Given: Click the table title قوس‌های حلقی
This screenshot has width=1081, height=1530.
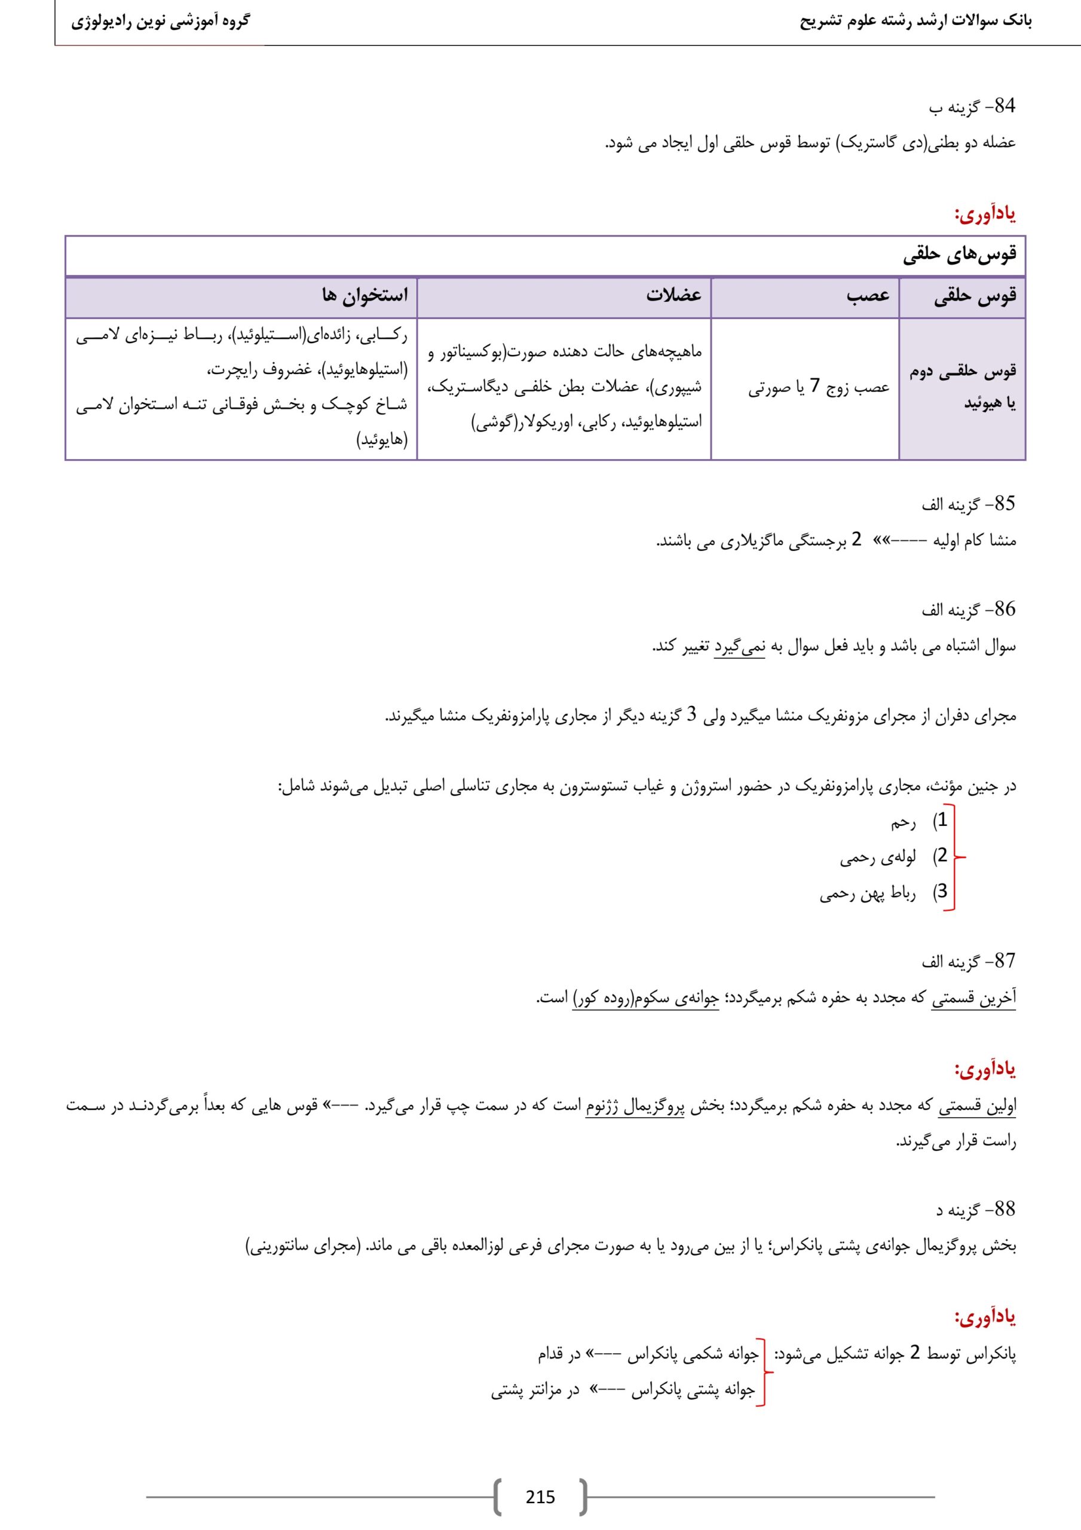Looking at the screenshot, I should click(960, 255).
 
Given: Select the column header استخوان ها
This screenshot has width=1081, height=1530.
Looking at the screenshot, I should click(365, 295).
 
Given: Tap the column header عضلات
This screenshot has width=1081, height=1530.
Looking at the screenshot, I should click(673, 295).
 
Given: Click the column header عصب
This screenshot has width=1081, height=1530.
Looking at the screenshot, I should click(868, 295).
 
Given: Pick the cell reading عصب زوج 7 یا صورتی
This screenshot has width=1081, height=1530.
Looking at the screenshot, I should click(819, 388).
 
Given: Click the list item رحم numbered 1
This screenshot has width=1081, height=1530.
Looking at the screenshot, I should click(903, 824).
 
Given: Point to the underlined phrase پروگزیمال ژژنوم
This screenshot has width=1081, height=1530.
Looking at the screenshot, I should click(635, 1107).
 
